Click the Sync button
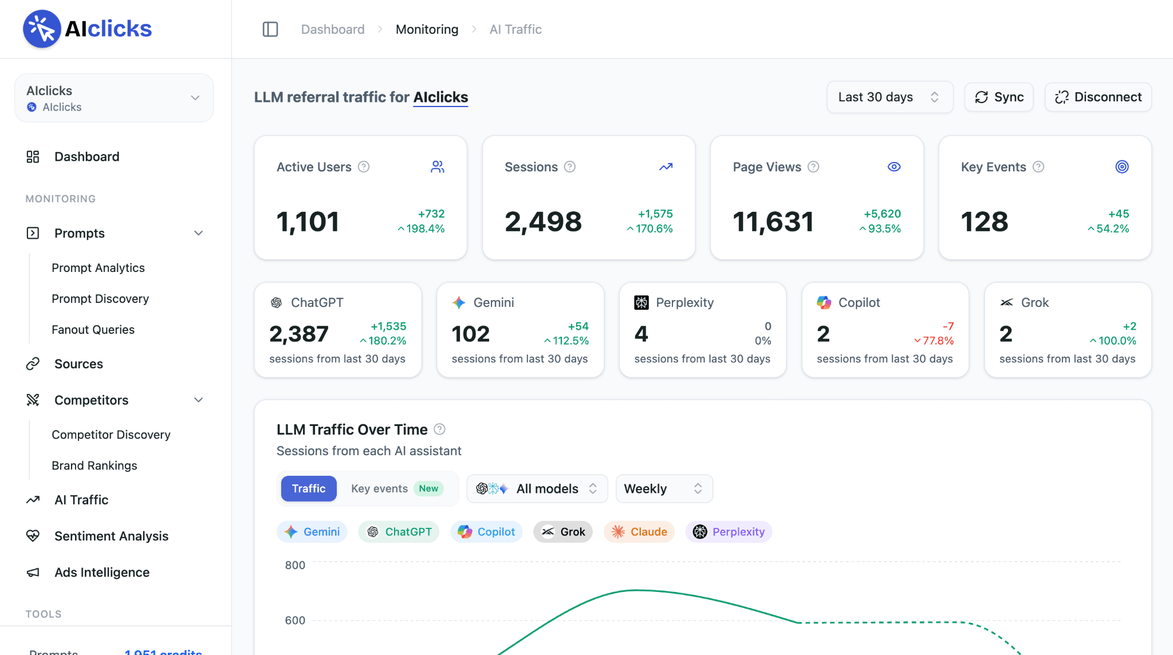coord(999,97)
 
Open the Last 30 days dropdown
coord(889,97)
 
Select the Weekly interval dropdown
coord(664,488)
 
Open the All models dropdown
coord(537,488)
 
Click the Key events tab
coord(397,488)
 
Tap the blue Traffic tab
coord(309,488)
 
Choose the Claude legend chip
coord(639,532)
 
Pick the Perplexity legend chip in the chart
coord(729,532)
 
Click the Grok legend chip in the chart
coord(563,532)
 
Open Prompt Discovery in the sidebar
coord(100,299)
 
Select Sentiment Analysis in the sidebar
coord(111,536)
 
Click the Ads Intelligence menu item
coord(102,573)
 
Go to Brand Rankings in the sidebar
coord(95,465)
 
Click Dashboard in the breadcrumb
coord(333,29)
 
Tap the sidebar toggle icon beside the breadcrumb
coord(270,29)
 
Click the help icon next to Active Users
coord(364,167)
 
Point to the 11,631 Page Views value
coord(773,222)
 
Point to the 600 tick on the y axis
coord(295,620)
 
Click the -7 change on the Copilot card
coord(948,326)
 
